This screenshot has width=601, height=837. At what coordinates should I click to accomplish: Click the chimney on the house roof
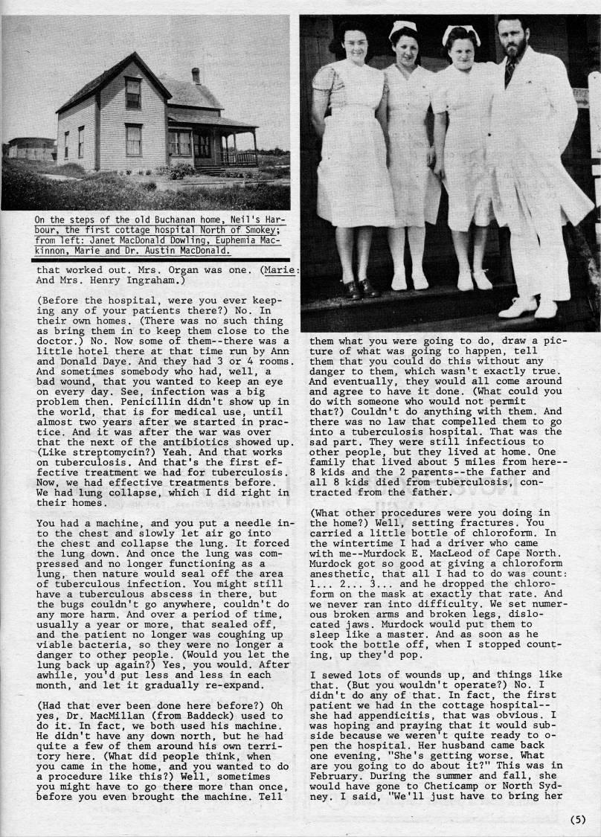pyautogui.click(x=196, y=75)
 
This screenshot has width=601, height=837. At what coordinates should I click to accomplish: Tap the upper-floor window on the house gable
pyautogui.click(x=133, y=93)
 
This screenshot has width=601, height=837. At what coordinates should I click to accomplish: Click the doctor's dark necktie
pyautogui.click(x=510, y=71)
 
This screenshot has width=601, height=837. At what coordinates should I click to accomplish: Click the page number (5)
pyautogui.click(x=579, y=820)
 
